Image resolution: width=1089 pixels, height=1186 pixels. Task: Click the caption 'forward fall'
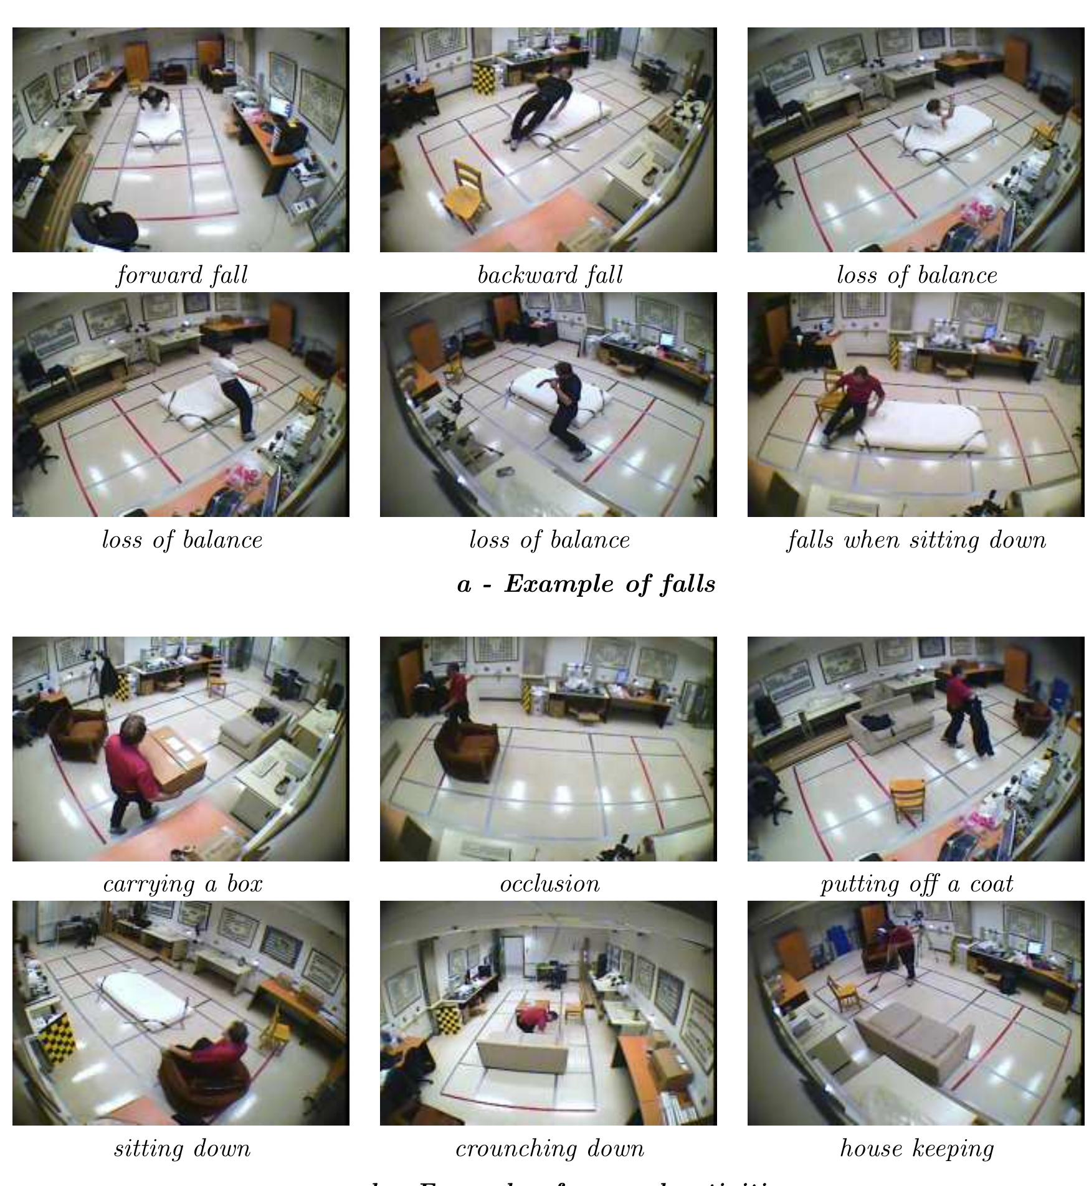click(x=182, y=275)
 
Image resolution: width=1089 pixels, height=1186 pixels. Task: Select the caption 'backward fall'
click(x=549, y=275)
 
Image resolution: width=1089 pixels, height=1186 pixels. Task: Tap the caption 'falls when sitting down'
click(x=916, y=539)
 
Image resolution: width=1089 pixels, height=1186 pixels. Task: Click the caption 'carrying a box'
click(x=183, y=884)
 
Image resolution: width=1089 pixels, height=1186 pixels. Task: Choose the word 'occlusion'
click(x=549, y=884)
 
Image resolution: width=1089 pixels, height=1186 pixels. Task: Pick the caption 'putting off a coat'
click(x=916, y=884)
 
